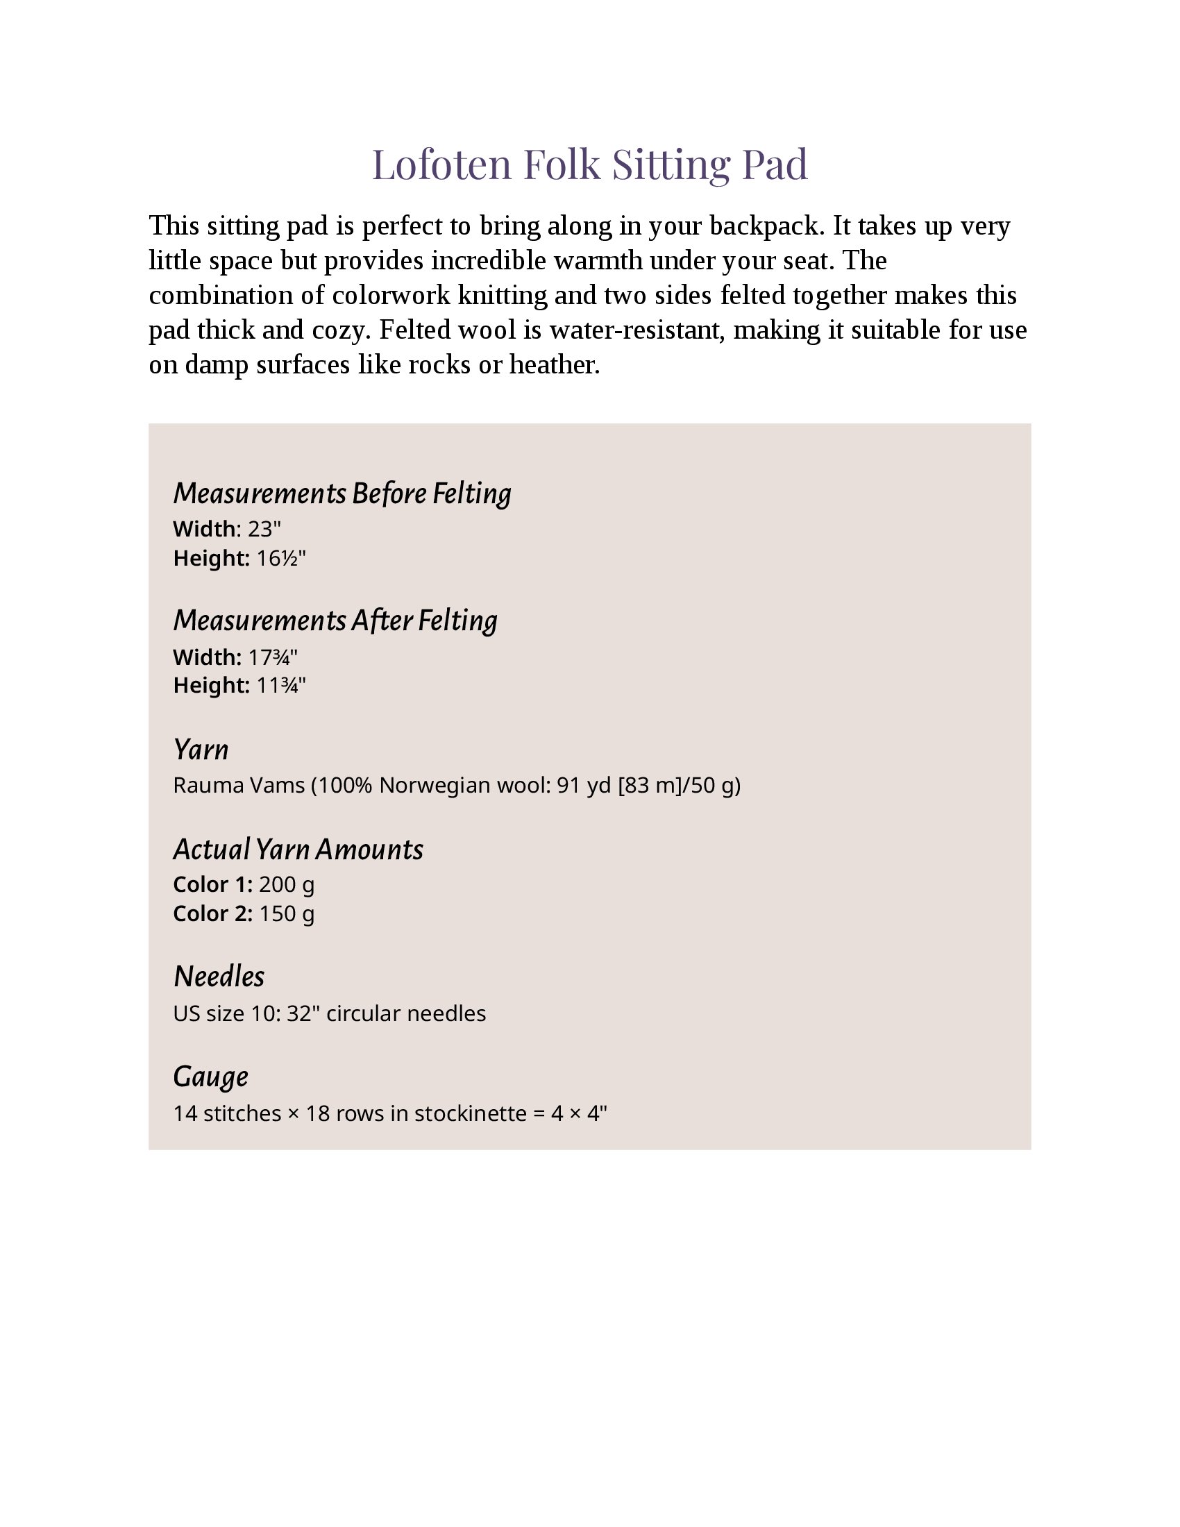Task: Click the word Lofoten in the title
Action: [x=441, y=164]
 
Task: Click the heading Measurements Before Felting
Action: [x=342, y=493]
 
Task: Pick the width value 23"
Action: [x=264, y=530]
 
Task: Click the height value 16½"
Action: [x=281, y=559]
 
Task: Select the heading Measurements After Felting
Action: [x=335, y=621]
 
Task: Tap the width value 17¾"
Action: [x=273, y=657]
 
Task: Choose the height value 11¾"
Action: [x=281, y=685]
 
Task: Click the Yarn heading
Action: [x=201, y=750]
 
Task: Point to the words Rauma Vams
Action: [x=238, y=786]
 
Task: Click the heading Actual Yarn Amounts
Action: [x=298, y=850]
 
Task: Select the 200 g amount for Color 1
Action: [x=287, y=885]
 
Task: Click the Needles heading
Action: [x=219, y=977]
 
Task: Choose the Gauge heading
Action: [x=210, y=1077]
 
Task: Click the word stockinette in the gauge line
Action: [x=471, y=1113]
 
